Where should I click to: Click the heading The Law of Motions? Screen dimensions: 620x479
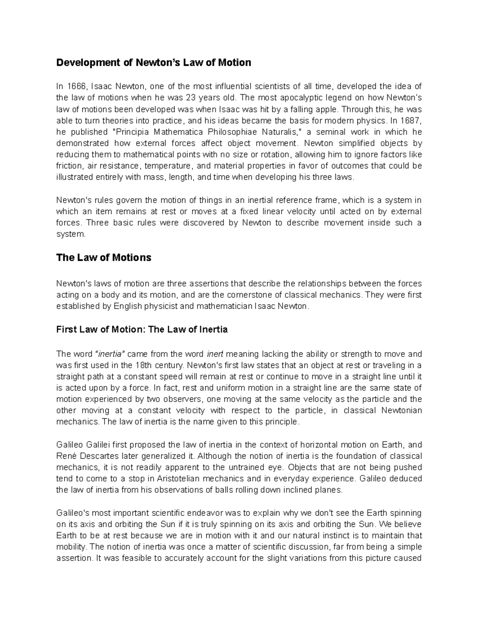pyautogui.click(x=104, y=258)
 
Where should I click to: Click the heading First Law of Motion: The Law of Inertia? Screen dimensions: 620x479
pyautogui.click(x=142, y=330)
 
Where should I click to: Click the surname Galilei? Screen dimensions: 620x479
pyautogui.click(x=97, y=445)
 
